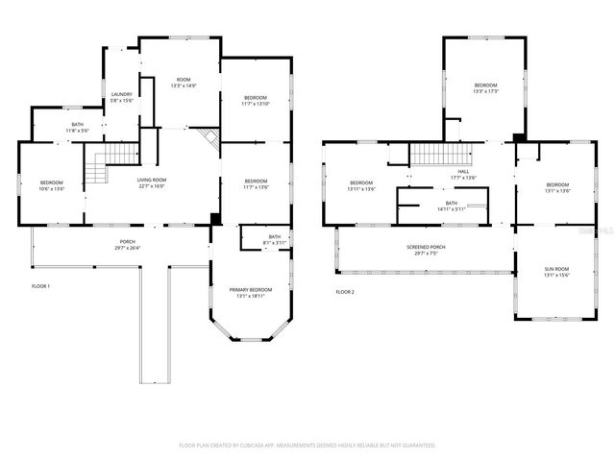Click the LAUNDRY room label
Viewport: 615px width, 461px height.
[121, 97]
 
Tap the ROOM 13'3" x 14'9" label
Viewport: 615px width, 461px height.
[183, 83]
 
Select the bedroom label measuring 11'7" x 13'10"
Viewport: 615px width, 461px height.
[255, 101]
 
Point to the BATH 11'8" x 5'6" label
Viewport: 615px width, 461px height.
[77, 127]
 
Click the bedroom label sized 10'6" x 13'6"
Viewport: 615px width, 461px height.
[51, 185]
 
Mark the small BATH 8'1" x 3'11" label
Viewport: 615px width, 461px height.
[275, 239]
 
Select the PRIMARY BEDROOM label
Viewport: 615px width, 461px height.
[250, 292]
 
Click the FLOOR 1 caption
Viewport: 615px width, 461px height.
[41, 286]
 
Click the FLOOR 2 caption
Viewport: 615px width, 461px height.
[345, 291]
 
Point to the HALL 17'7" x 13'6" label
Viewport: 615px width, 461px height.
[463, 174]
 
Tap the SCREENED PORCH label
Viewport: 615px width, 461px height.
[425, 250]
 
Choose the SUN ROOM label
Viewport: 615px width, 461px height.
[557, 273]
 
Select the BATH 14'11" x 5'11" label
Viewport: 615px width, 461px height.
[451, 206]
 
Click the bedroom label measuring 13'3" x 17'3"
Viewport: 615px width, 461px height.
[485, 88]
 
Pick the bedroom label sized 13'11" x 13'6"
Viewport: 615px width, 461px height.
[360, 185]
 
